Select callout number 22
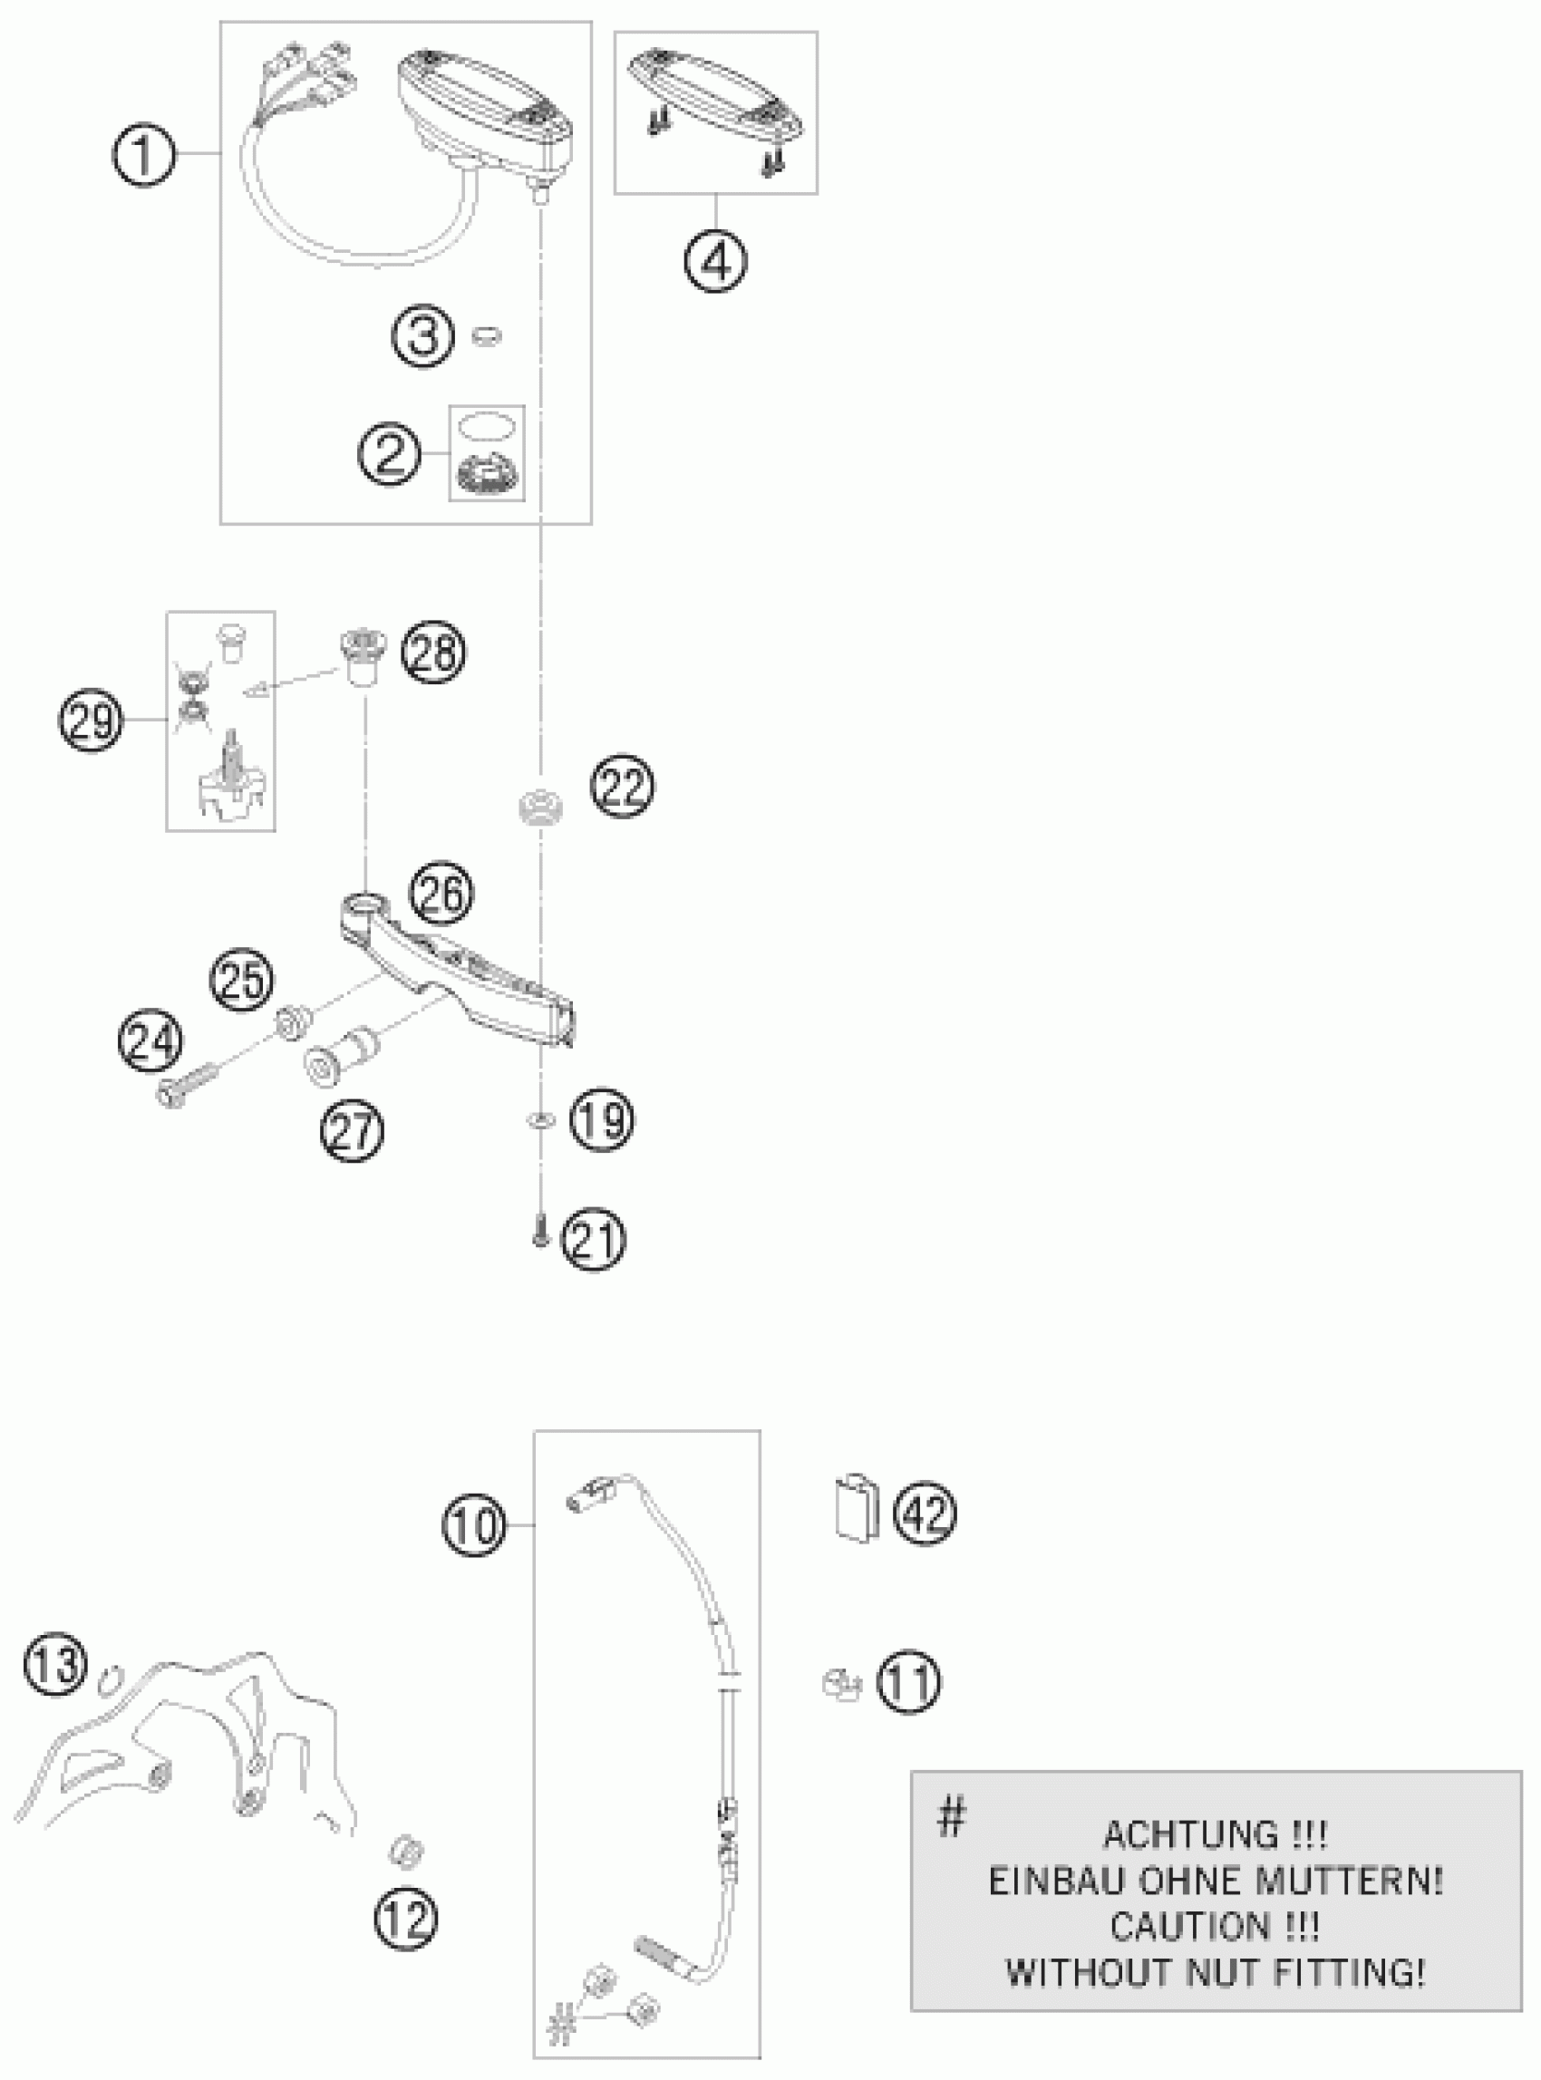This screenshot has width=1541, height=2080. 622,788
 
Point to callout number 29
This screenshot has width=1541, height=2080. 91,721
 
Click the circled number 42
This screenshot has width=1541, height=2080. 925,1514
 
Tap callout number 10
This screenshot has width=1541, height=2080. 475,1526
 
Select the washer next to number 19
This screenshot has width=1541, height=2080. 539,1118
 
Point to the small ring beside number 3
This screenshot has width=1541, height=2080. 486,335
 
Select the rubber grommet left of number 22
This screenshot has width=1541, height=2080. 540,805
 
